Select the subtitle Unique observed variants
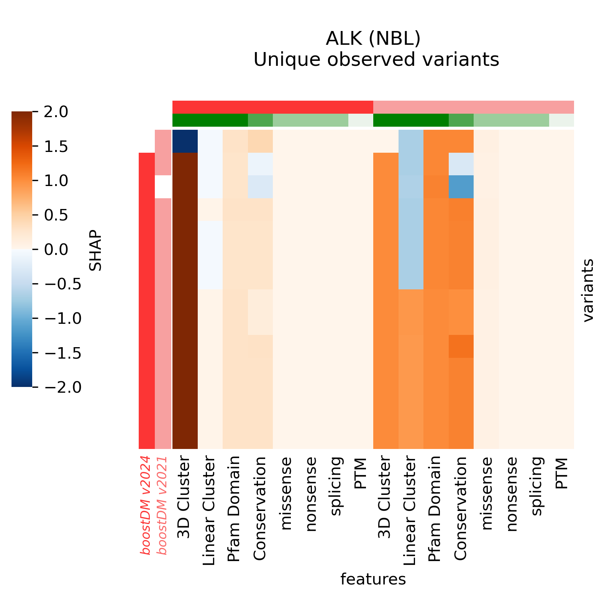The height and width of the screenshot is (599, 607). [376, 60]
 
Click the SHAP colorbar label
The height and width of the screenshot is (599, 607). [95, 250]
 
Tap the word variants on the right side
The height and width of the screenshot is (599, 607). [588, 290]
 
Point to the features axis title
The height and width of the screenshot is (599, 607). [373, 579]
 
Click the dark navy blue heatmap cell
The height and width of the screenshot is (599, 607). [185, 141]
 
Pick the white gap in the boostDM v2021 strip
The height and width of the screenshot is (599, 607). [163, 187]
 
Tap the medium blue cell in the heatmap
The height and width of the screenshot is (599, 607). [461, 187]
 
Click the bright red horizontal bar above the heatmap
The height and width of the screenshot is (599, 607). [273, 107]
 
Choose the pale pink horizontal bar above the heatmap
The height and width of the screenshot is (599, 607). [473, 107]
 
